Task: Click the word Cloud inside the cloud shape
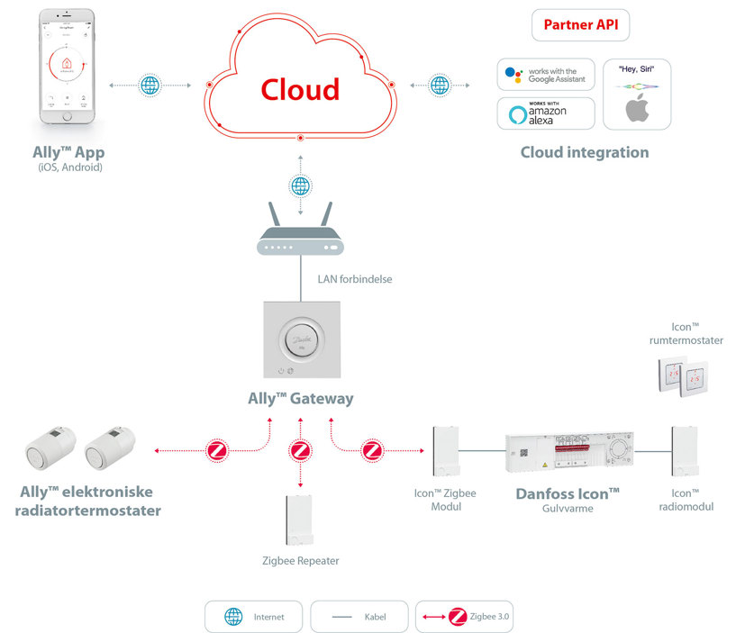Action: [x=300, y=89]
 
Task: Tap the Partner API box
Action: [x=580, y=25]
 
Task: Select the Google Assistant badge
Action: [x=546, y=76]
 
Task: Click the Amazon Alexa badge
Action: [x=546, y=114]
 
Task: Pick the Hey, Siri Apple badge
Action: [x=637, y=95]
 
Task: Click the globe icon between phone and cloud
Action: [x=150, y=86]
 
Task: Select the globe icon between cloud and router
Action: [x=301, y=186]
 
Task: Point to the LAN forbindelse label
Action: [x=354, y=279]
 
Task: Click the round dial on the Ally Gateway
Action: [x=301, y=339]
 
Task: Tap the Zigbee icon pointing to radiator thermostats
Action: [x=216, y=450]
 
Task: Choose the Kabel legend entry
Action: [x=359, y=617]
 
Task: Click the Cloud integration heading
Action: [x=584, y=152]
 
